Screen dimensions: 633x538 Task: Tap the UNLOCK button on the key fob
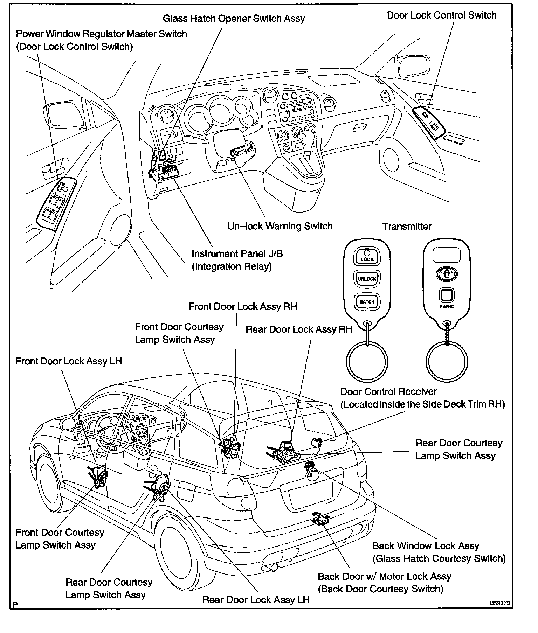[x=367, y=279]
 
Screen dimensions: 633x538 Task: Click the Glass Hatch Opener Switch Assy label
[x=234, y=19]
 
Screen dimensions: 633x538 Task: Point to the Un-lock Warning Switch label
[x=280, y=226]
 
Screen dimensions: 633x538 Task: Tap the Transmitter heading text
[x=407, y=227]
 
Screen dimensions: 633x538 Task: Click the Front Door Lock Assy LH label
[x=69, y=361]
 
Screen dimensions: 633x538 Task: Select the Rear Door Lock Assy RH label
[x=299, y=329]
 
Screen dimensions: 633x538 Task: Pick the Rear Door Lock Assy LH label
[x=256, y=600]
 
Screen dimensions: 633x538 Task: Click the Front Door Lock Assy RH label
[x=243, y=307]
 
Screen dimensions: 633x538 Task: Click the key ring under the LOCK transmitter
[x=367, y=362]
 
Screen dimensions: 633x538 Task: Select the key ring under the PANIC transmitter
[x=447, y=362]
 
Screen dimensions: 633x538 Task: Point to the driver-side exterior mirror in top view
[x=65, y=116]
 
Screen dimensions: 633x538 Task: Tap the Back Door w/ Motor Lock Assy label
[x=384, y=577]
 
